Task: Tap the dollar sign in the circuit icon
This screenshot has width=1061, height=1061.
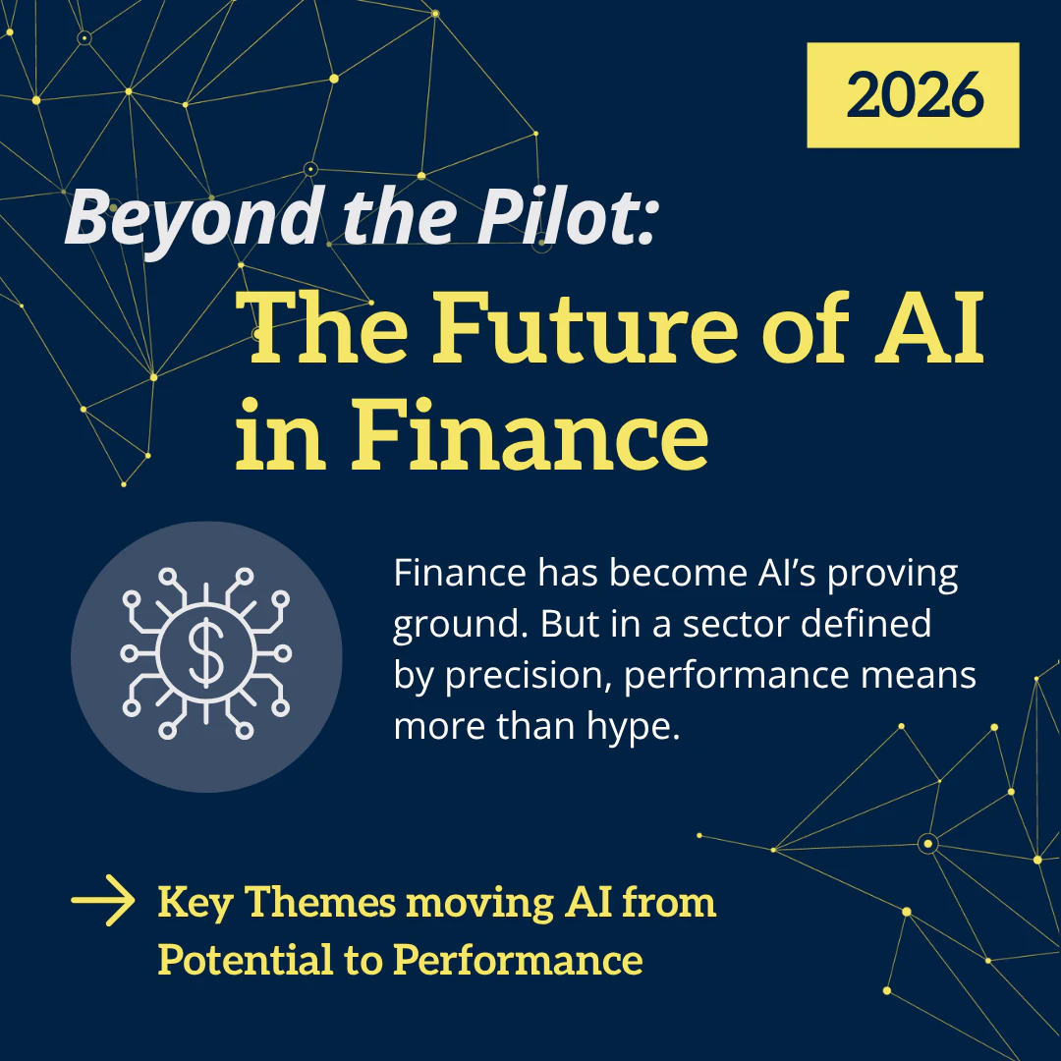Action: pyautogui.click(x=206, y=655)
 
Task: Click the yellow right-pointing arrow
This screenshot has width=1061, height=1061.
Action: pyautogui.click(x=103, y=901)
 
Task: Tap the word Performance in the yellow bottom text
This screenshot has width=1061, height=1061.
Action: pyautogui.click(x=518, y=959)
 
